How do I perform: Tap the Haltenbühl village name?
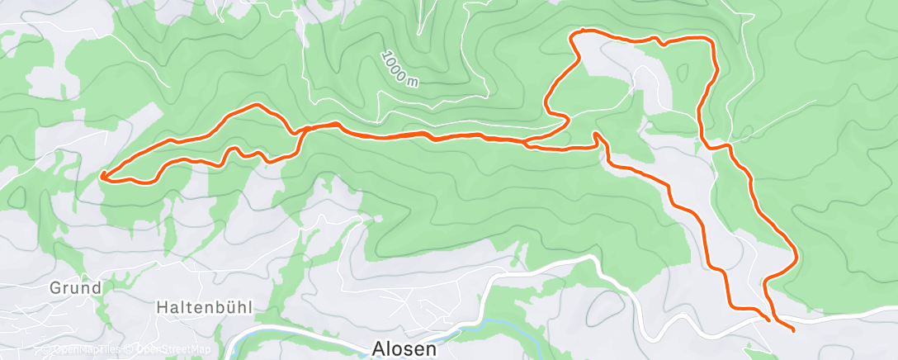205,307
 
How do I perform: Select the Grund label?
75,288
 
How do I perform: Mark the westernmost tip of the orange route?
102,175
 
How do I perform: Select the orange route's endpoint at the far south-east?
793,330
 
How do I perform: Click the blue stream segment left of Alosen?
281,339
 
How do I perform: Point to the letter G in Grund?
55,288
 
